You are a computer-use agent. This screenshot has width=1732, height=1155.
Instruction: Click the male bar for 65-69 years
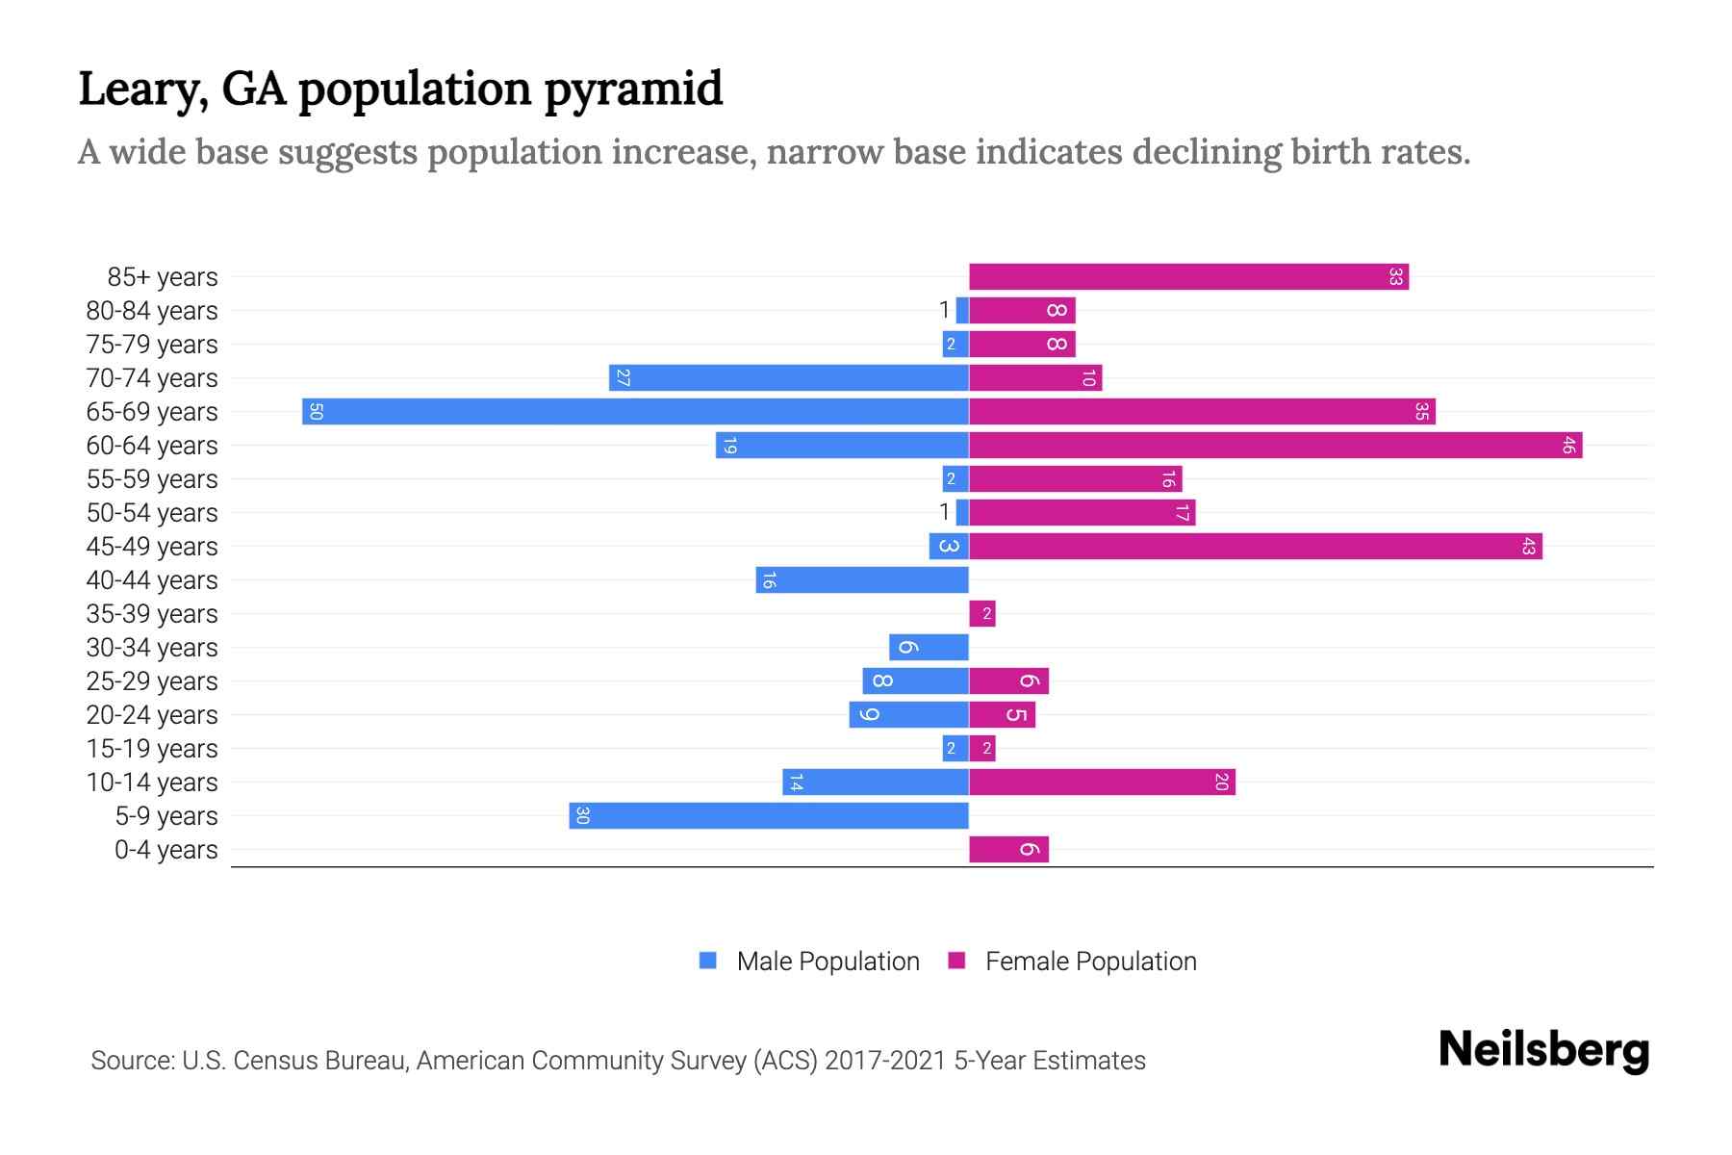pos(635,411)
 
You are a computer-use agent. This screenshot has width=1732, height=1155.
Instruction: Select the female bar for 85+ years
pos(1188,277)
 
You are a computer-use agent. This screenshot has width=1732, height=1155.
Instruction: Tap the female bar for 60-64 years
pos(1275,445)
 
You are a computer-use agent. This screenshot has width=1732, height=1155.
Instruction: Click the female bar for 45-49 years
pos(1255,546)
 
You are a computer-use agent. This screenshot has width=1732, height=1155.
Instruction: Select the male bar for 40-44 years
pos(862,579)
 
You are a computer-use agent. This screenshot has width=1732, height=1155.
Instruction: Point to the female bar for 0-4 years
pos(1008,849)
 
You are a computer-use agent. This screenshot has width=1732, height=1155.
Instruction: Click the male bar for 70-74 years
pos(789,377)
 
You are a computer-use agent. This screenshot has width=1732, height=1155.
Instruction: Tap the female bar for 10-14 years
pos(1102,782)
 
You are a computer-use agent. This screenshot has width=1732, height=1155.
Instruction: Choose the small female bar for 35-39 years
pos(982,613)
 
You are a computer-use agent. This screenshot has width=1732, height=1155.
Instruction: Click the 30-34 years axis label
pos(152,647)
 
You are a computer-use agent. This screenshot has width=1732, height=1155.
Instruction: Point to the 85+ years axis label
pos(163,277)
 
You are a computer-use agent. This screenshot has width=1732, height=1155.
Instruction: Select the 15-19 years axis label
pos(152,748)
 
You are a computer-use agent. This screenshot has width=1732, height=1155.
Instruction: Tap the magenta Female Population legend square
pos(956,961)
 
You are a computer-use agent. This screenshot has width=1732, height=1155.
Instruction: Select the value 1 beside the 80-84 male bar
pos(944,310)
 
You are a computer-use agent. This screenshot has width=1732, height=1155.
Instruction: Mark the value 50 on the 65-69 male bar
pos(316,412)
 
